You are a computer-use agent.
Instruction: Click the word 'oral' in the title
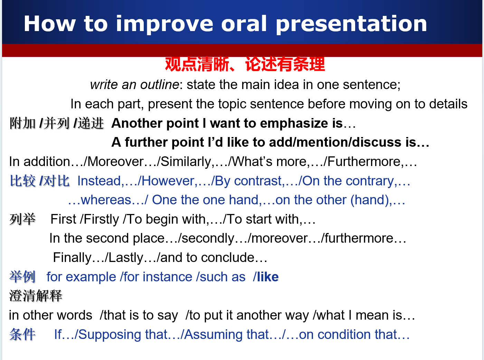[x=244, y=23]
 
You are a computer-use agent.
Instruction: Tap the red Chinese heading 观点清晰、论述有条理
[x=245, y=64]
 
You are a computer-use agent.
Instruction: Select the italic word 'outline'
[x=160, y=85]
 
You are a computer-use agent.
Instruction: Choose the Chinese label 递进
[x=91, y=123]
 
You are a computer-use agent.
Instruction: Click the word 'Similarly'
[x=186, y=162]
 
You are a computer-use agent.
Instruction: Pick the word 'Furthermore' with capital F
[x=364, y=162]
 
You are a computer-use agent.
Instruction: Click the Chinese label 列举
[x=22, y=219]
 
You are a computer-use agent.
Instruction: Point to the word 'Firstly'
[x=102, y=219]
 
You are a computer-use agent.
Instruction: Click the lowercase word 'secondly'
[x=208, y=238]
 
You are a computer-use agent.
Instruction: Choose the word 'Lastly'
[x=126, y=257]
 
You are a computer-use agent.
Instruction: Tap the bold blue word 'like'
[x=268, y=277]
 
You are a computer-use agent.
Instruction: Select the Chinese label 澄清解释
[x=36, y=296]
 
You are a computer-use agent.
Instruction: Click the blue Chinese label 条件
[x=22, y=334]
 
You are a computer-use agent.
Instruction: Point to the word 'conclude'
[x=228, y=257]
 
